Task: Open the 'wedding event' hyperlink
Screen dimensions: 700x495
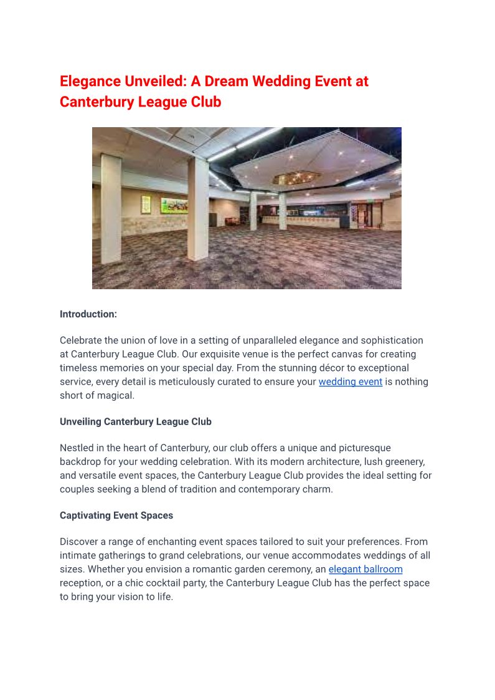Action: (350, 381)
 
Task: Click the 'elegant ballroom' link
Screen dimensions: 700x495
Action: (365, 569)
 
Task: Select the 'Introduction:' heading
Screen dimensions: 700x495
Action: (88, 314)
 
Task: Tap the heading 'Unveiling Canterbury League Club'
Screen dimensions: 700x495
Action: (136, 421)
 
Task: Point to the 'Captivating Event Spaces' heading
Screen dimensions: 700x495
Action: (116, 515)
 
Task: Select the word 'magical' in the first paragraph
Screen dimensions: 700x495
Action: (115, 395)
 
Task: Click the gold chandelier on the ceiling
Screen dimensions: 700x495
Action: (296, 179)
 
